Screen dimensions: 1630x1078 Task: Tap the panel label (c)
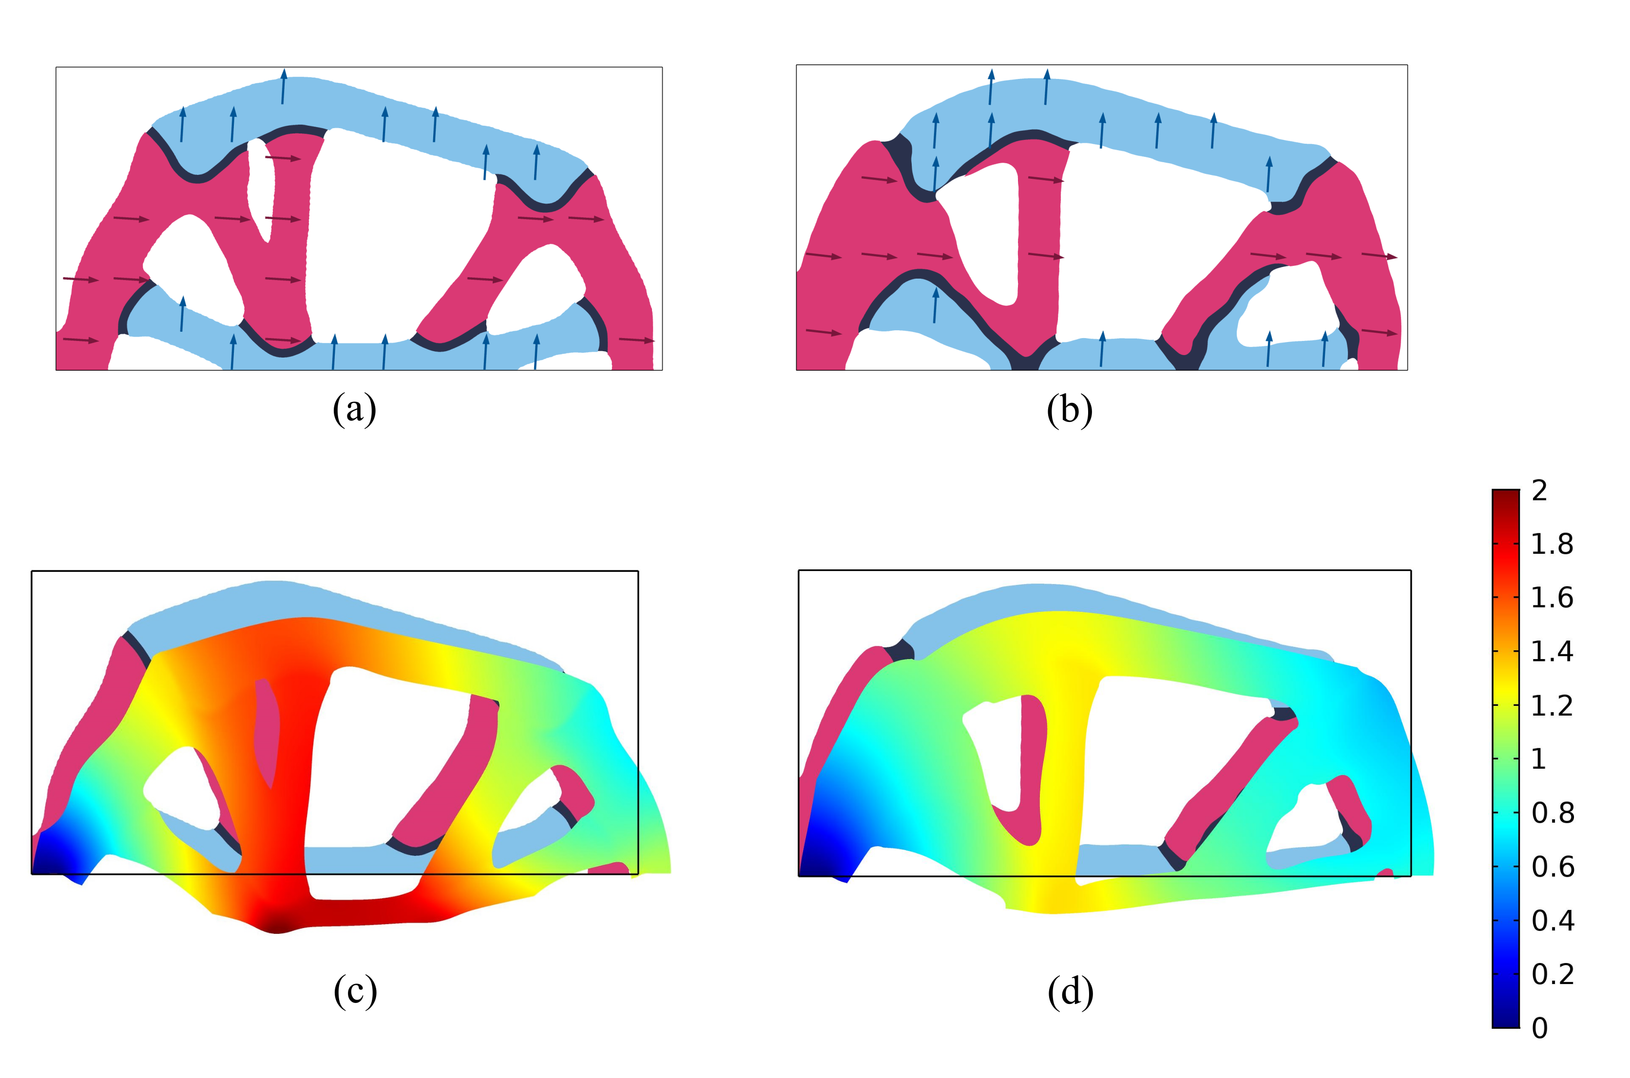pos(355,991)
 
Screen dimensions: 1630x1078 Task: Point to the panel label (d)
pos(1070,991)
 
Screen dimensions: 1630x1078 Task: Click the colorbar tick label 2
pos(1539,491)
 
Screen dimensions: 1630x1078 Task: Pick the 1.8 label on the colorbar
pos(1552,545)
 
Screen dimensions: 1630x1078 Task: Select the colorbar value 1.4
pos(1552,652)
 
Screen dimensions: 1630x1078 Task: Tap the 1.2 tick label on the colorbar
pos(1552,706)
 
